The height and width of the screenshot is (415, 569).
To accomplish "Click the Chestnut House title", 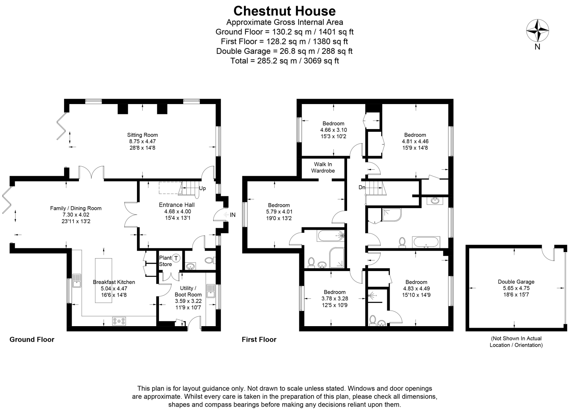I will (x=284, y=11).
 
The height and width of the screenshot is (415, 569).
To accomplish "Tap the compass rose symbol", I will (x=537, y=31).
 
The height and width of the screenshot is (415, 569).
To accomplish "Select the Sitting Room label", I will (x=142, y=135).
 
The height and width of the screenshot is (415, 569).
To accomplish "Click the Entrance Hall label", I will (x=176, y=205).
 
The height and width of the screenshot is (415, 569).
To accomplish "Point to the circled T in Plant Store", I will (x=176, y=258).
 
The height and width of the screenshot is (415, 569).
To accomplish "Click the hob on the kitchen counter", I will (x=119, y=321).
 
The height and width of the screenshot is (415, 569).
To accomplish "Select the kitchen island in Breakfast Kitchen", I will (x=103, y=280).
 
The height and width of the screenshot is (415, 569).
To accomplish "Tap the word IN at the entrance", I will (x=233, y=215).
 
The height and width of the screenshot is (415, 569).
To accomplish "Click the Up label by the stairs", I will (x=203, y=188).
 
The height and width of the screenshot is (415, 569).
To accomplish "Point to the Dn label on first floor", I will (x=362, y=187).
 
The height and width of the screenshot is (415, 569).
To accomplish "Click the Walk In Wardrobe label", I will (x=323, y=167).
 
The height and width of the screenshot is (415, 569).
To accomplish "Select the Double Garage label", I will (x=516, y=282).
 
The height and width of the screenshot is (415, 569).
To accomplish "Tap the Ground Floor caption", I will (x=32, y=339).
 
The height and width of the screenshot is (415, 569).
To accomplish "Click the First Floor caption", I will (x=259, y=339).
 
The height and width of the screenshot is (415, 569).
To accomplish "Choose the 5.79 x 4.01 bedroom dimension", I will (x=279, y=212).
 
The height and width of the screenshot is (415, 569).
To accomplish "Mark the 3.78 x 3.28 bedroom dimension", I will (x=335, y=298).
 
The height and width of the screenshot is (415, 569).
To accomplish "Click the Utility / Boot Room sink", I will (x=211, y=291).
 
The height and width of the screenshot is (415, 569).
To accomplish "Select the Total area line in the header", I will (x=284, y=61).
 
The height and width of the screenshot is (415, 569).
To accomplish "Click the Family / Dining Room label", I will (x=76, y=208).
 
